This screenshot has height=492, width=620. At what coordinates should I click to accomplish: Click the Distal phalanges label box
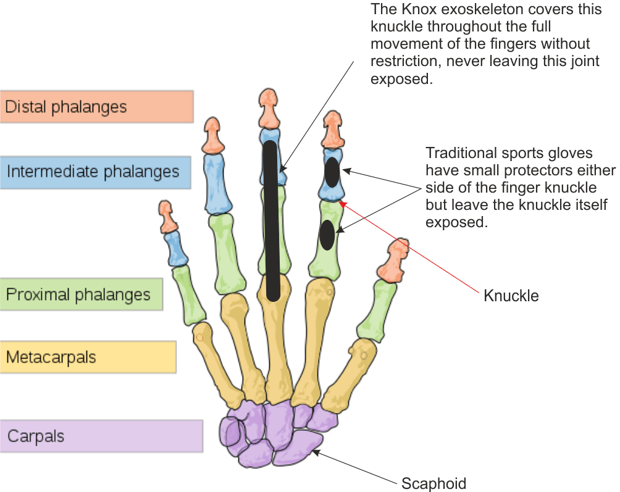click(96, 107)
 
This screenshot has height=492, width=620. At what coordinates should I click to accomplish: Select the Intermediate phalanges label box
click(96, 172)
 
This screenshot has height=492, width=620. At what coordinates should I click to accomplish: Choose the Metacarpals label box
click(88, 357)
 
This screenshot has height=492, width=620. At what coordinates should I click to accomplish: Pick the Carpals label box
click(101, 436)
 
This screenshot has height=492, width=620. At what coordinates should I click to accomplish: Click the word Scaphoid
click(434, 483)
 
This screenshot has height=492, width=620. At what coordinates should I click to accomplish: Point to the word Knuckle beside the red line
click(511, 296)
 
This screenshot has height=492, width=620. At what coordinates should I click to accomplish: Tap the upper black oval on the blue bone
click(332, 172)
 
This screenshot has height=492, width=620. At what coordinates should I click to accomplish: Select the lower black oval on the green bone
click(327, 234)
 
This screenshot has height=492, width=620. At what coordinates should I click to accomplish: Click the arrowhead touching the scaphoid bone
click(315, 452)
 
